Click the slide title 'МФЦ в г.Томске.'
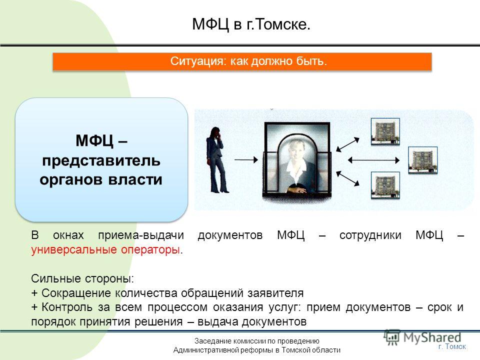point(251,24)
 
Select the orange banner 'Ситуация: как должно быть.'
point(242,61)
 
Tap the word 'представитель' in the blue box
point(101,160)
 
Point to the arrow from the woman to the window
point(246,159)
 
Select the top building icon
point(385,131)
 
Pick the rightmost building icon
point(423,160)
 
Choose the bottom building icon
point(385,185)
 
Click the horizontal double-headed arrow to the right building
point(374,160)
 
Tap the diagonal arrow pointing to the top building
point(348,144)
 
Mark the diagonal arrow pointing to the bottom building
point(348,178)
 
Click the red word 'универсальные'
point(74,250)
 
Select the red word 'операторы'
point(150,250)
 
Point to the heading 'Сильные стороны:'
point(82,278)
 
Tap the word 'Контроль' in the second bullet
point(67,307)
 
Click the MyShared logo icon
point(392,337)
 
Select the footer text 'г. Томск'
point(452,346)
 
